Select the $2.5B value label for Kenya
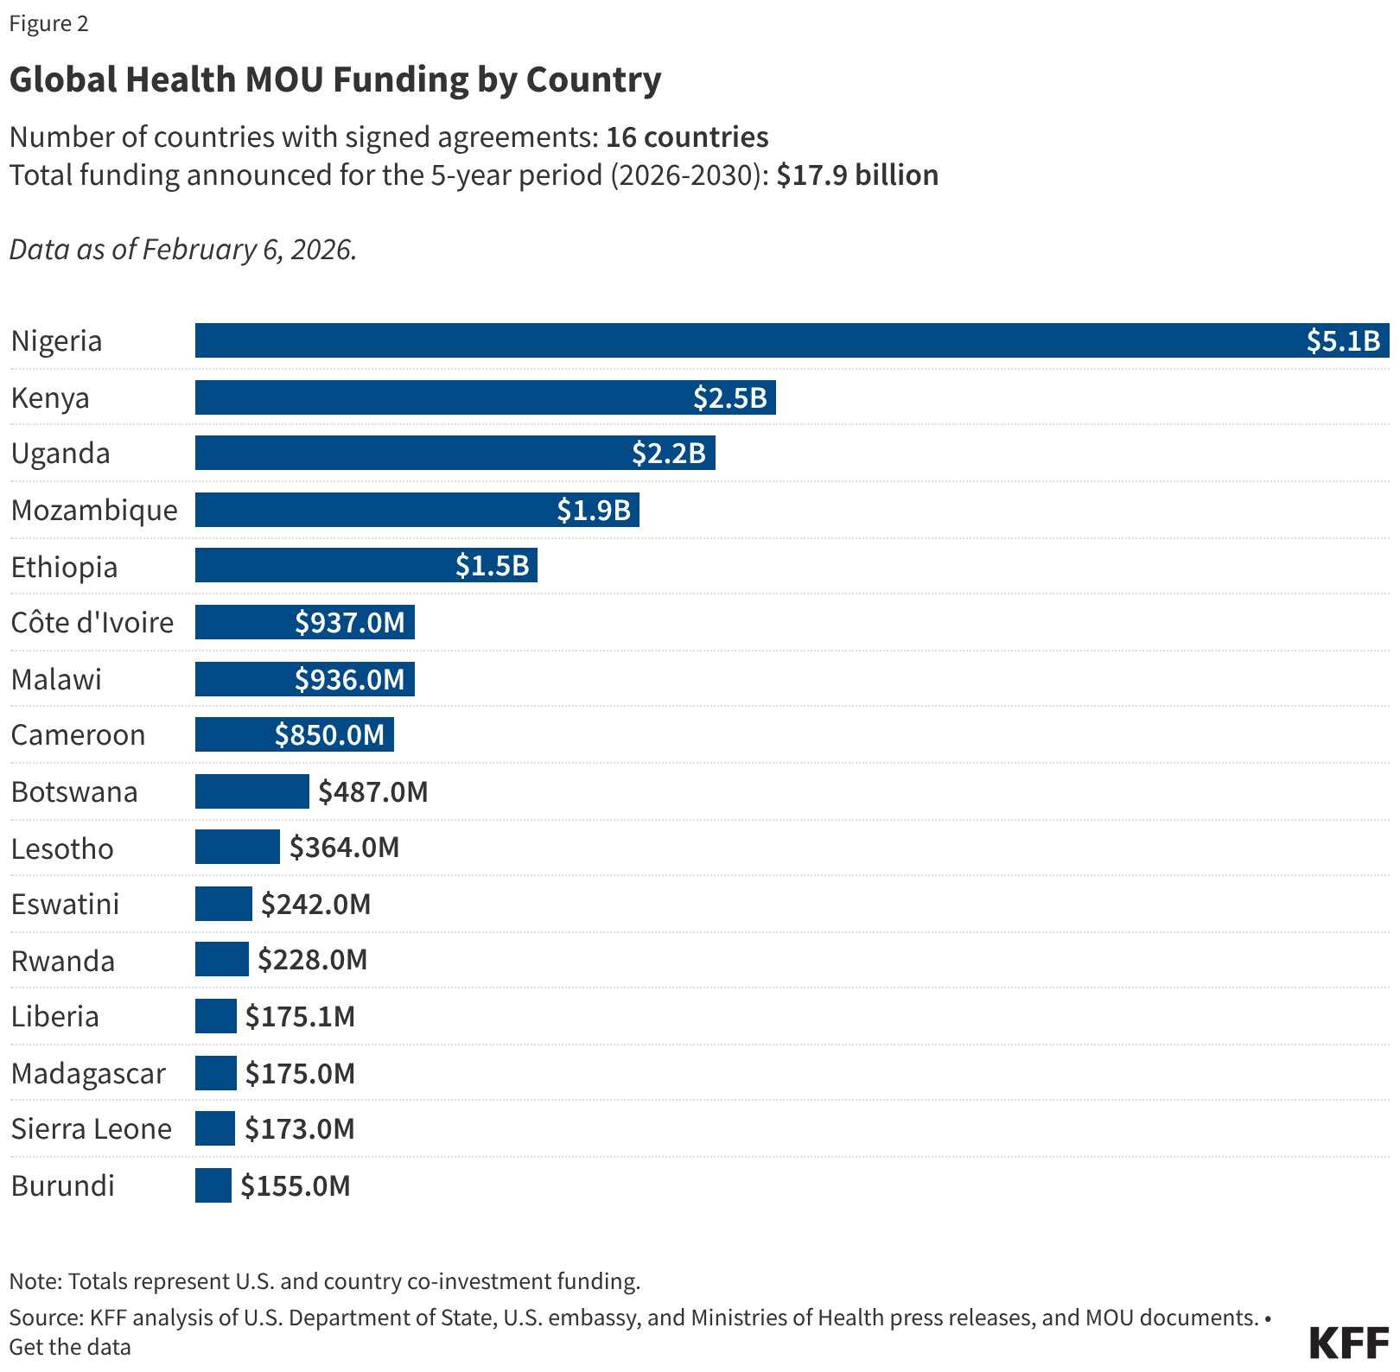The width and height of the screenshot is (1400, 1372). click(x=729, y=397)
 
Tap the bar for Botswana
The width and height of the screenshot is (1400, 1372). click(x=251, y=791)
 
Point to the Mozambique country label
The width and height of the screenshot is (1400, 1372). click(x=94, y=510)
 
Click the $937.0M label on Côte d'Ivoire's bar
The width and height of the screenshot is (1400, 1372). click(x=349, y=622)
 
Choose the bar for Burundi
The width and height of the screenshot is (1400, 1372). click(x=213, y=1185)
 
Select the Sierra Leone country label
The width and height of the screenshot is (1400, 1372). click(x=91, y=1128)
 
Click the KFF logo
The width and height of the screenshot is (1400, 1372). click(x=1349, y=1343)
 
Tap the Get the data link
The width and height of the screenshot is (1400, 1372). click(x=70, y=1347)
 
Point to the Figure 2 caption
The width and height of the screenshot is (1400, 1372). click(x=48, y=23)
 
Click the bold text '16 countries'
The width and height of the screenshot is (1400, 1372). click(x=687, y=137)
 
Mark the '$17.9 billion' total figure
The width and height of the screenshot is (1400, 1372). click(x=856, y=175)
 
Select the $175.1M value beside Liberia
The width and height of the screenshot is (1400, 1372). click(x=300, y=1016)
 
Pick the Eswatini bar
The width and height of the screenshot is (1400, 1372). click(x=223, y=904)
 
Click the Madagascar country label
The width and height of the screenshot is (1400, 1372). click(x=88, y=1073)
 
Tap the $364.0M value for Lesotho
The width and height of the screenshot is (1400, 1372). click(x=344, y=848)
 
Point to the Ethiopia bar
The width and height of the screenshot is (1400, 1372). click(x=366, y=565)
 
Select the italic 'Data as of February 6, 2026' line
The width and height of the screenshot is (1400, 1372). click(x=183, y=250)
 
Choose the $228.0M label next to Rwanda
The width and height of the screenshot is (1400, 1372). click(x=312, y=960)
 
